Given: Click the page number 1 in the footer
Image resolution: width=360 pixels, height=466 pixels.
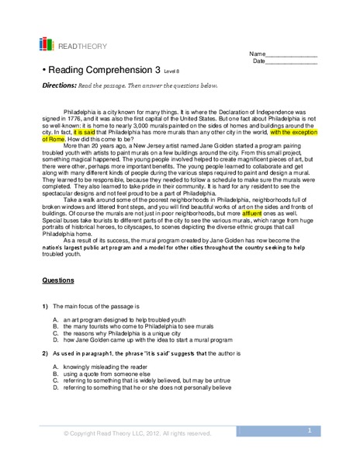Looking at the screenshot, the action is tap(309, 429).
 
